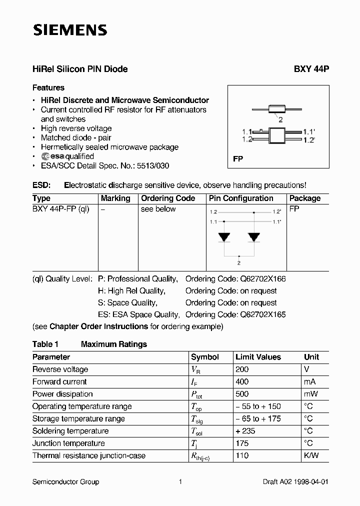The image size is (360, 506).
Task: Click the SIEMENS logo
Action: (x=70, y=30)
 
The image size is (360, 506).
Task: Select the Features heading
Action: (x=48, y=87)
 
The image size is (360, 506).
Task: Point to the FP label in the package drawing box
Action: (x=238, y=159)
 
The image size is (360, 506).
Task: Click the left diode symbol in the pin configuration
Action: (x=225, y=236)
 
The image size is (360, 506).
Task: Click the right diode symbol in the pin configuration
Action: (x=254, y=236)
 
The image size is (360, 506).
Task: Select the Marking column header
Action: (x=115, y=198)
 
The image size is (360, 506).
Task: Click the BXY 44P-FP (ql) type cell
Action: (x=60, y=209)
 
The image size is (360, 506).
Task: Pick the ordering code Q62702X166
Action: (x=263, y=278)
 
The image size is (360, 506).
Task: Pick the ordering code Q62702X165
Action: (x=263, y=314)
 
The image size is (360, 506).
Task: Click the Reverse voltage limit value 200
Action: (x=242, y=369)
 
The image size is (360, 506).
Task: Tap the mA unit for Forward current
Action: (x=310, y=381)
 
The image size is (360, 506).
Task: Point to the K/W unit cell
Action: (x=311, y=455)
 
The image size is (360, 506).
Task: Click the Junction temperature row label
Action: (x=68, y=443)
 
